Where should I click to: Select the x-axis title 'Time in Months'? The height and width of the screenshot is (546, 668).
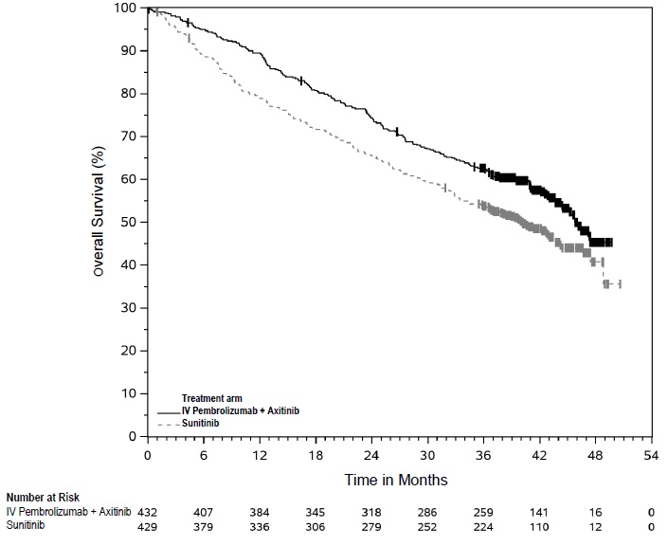click(395, 480)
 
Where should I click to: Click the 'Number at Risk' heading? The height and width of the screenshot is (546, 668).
click(44, 497)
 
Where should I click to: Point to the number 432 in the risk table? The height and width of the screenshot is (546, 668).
click(148, 512)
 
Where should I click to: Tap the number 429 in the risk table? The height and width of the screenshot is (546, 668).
click(148, 525)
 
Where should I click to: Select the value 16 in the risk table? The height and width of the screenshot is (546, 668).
click(596, 512)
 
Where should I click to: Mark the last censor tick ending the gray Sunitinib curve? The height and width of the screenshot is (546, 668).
click(620, 283)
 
